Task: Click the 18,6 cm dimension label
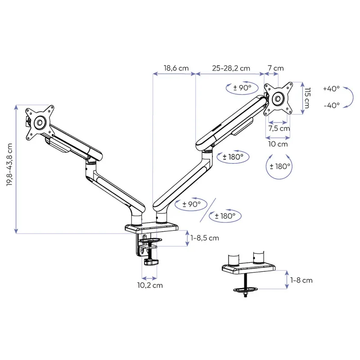point(175,68)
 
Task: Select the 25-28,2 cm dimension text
point(230,68)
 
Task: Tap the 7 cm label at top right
point(276,68)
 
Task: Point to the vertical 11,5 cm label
point(306,98)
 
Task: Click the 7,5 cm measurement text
point(279,128)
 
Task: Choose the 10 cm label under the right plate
point(278,144)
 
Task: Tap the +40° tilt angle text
point(331,89)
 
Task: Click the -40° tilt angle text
point(331,105)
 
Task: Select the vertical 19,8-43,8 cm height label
point(10,169)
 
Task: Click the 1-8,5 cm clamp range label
point(204,238)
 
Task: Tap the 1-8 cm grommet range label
point(301,280)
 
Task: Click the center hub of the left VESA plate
point(40,121)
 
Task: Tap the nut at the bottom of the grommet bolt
point(245,294)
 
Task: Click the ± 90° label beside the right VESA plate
point(242,88)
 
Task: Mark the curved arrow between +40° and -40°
point(348,97)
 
